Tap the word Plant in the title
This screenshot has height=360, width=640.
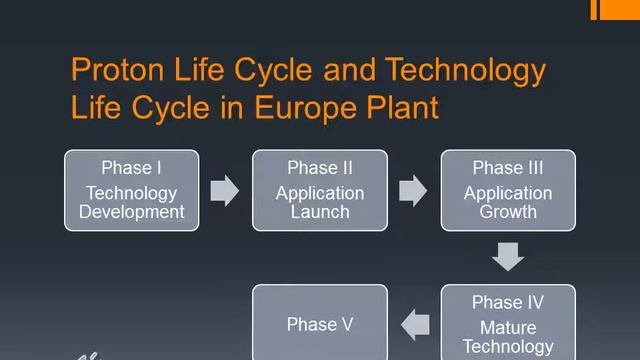click(x=406, y=107)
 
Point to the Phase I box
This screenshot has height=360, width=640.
click(x=131, y=190)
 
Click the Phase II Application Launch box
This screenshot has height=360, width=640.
click(x=320, y=190)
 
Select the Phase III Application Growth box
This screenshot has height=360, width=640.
click(x=508, y=190)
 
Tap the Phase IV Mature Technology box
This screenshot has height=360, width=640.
click(x=508, y=322)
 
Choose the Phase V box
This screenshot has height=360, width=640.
click(x=320, y=322)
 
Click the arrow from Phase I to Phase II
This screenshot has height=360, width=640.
click(x=225, y=190)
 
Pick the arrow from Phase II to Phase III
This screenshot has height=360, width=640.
click(x=413, y=190)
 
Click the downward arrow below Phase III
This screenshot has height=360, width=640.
click(x=508, y=257)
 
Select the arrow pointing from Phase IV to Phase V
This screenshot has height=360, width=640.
click(x=414, y=323)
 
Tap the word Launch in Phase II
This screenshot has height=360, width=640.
click(x=320, y=211)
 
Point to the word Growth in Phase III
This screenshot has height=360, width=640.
click(x=508, y=211)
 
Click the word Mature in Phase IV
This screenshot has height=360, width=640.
click(x=508, y=328)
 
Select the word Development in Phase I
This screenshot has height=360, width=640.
click(x=131, y=211)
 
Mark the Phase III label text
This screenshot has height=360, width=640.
click(x=508, y=168)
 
